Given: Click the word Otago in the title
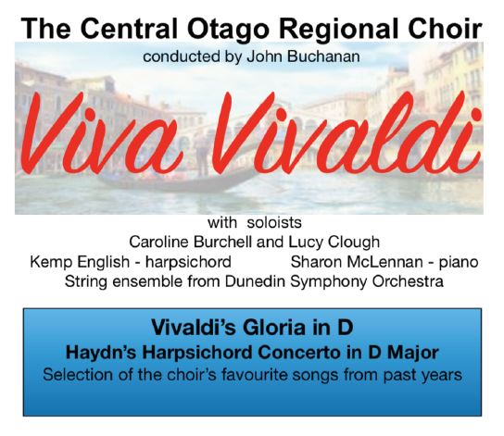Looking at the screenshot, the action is (x=228, y=30).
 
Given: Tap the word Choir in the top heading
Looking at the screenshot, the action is (x=445, y=29).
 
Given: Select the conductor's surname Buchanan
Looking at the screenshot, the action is (x=323, y=56).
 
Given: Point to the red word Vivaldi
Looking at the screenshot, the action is (x=348, y=131).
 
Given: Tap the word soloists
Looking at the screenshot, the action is (x=274, y=222).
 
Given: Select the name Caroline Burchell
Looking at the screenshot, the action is (x=191, y=242).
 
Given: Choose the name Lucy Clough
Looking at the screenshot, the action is (x=334, y=243).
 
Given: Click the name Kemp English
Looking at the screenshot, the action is (x=80, y=262).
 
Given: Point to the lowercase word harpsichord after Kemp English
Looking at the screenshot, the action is (x=188, y=262).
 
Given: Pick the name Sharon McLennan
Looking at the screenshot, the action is (x=357, y=262).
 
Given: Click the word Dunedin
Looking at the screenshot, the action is (x=255, y=281).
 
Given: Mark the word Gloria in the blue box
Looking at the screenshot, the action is (x=273, y=328).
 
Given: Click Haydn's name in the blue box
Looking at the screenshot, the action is (x=102, y=353).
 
